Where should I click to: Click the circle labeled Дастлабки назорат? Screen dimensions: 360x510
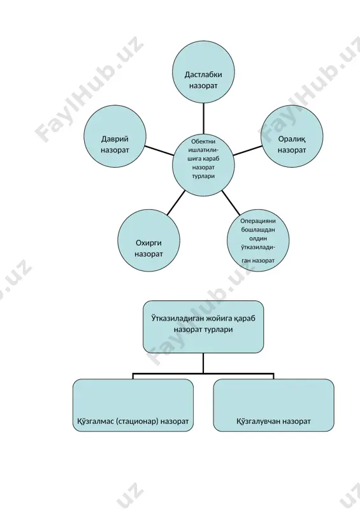click(x=203, y=72)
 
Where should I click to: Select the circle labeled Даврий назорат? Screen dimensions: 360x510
click(x=115, y=136)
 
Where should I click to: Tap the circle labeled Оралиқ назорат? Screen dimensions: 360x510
click(x=292, y=136)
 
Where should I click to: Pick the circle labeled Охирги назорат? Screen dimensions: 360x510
click(x=148, y=240)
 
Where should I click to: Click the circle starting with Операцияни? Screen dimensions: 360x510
click(x=258, y=240)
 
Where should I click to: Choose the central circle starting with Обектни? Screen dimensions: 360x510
click(x=203, y=164)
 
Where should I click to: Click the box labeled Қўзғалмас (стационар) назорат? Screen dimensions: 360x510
click(x=133, y=405)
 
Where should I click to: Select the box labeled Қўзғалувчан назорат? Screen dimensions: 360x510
click(x=273, y=405)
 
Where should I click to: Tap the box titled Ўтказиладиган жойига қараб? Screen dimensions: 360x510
click(x=203, y=326)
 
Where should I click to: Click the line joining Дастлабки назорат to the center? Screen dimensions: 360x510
click(x=203, y=119)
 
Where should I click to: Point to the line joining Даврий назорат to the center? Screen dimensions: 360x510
click(x=159, y=150)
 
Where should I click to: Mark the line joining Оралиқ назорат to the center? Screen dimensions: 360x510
click(x=247, y=150)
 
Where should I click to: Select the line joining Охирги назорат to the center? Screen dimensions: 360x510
click(x=176, y=203)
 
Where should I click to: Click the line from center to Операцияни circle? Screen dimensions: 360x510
click(x=231, y=203)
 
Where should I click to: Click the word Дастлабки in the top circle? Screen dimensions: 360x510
click(x=203, y=75)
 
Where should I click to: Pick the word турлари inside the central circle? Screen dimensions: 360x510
click(x=203, y=176)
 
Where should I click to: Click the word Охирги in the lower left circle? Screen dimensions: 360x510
click(x=148, y=243)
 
